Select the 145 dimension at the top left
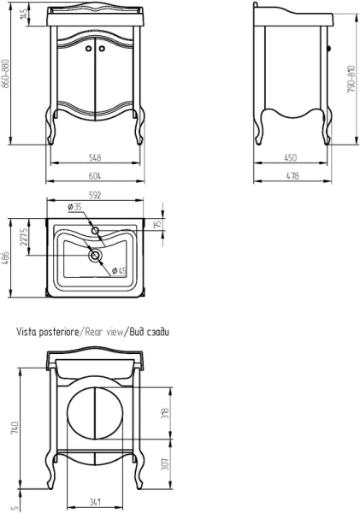(24, 14)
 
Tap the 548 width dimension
(95, 157)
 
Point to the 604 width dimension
(95, 175)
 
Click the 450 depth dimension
(290, 157)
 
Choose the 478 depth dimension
(292, 175)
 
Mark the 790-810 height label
(351, 80)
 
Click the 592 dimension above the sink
(95, 195)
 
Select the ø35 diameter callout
(74, 207)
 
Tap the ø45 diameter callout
(119, 271)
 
